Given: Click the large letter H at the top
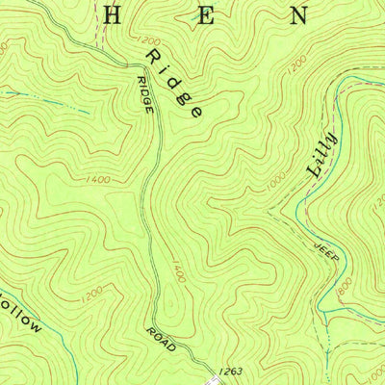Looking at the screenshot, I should pos(112,14).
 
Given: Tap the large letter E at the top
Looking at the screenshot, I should pos(205,15).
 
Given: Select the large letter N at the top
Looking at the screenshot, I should pos(300,15).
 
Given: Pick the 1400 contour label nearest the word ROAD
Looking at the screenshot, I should pos(178,274).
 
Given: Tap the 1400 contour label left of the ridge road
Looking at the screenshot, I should pos(98,180).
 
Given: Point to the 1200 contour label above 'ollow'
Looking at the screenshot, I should pos(92,290).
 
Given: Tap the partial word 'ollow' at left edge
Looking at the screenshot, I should pos(21,319).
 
